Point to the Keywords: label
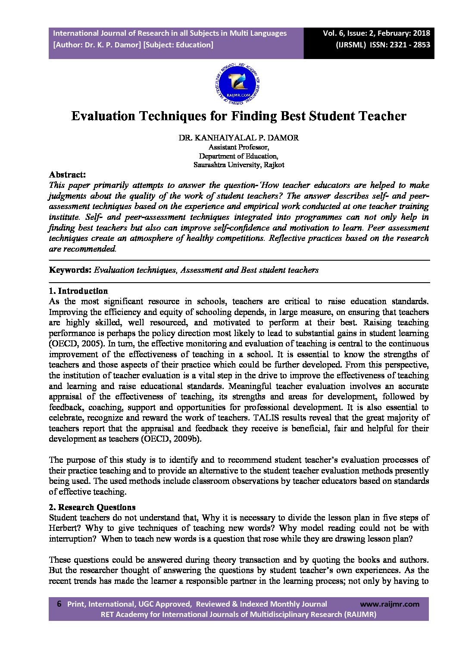click(x=70, y=270)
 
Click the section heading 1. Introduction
click(x=78, y=291)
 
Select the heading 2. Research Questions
click(x=92, y=507)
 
